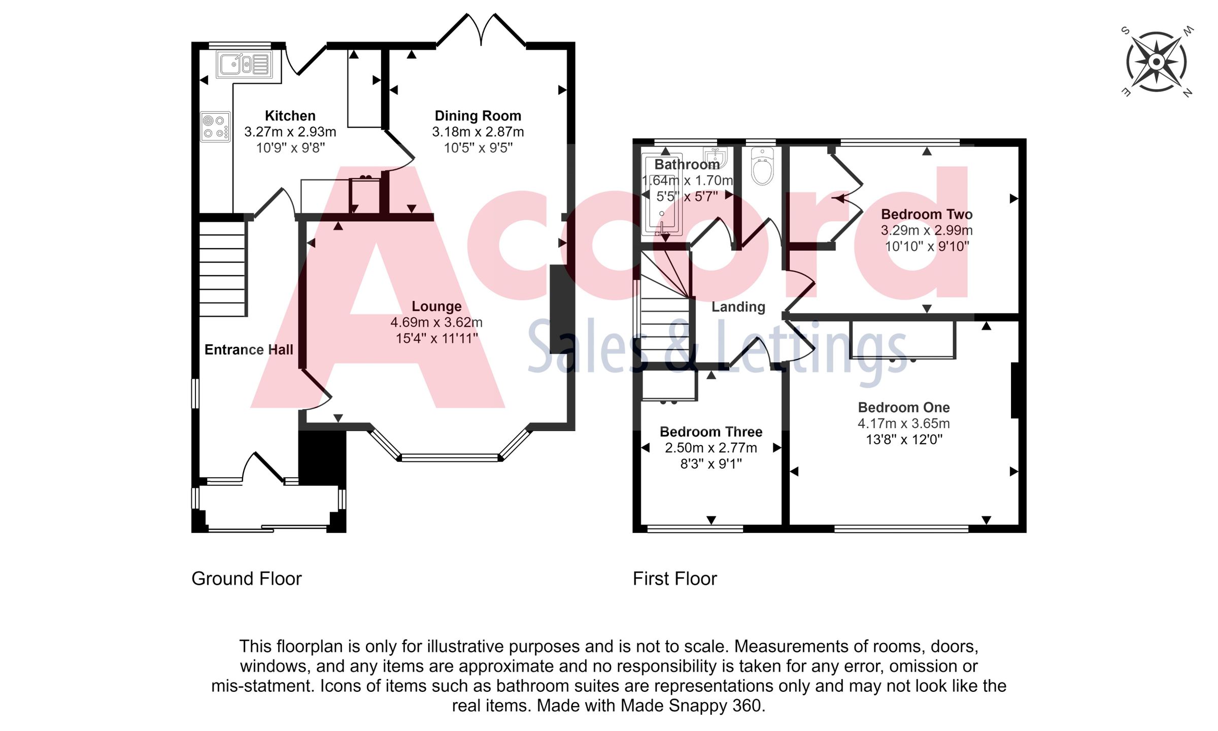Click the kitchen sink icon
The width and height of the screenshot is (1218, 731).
click(x=243, y=64)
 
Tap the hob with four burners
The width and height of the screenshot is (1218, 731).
click(x=215, y=127)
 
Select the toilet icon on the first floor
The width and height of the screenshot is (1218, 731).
click(x=762, y=167)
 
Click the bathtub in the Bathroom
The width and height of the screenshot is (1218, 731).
click(x=662, y=195)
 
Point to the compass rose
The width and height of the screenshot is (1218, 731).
click(x=1157, y=62)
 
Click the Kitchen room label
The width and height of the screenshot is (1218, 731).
click(x=290, y=116)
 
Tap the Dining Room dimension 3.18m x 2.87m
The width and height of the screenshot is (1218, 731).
click(x=478, y=132)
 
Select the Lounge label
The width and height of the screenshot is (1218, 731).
click(x=436, y=307)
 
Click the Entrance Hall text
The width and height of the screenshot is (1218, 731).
click(x=249, y=350)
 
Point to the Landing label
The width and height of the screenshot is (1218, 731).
click(x=738, y=307)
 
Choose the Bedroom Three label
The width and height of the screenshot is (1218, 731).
click(x=710, y=432)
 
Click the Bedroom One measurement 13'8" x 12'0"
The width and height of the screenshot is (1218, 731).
click(x=904, y=440)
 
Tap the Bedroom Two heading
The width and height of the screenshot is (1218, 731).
click(x=926, y=214)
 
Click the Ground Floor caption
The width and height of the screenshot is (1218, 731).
click(x=247, y=579)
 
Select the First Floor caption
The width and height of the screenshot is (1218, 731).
click(x=674, y=579)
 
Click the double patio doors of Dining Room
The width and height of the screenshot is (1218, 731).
click(x=481, y=30)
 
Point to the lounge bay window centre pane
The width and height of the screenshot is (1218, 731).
click(x=450, y=458)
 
